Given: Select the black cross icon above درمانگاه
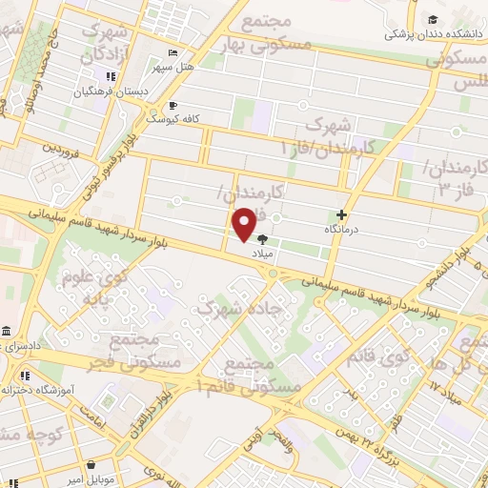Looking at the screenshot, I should pos(342,215).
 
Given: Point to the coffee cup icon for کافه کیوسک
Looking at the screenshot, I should pos(173,106).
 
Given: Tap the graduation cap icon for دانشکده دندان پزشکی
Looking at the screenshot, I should pos(434,20).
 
